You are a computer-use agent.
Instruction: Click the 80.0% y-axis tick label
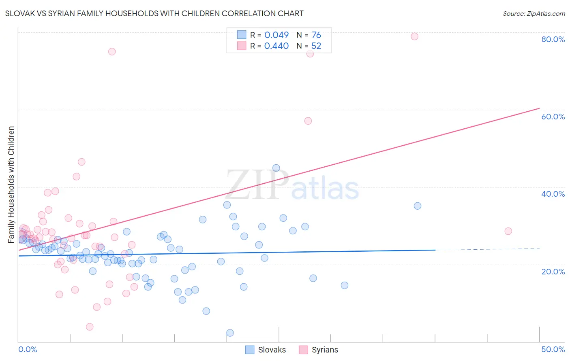pos(553,39)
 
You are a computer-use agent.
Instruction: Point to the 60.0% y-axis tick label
pos(553,117)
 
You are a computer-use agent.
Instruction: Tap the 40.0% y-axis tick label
pos(553,194)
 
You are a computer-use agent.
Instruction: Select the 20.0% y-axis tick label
pos(553,272)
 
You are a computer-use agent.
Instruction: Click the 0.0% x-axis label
pos(28,349)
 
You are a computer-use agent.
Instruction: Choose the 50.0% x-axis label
pos(553,349)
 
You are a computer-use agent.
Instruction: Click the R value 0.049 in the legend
pos(276,35)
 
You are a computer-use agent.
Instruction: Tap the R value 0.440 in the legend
pos(276,46)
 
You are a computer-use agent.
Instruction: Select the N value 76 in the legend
pos(316,35)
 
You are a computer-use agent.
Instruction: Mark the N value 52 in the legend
pos(316,46)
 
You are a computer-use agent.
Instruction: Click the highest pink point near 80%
pos(414,36)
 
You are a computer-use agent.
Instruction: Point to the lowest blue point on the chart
pos(230,333)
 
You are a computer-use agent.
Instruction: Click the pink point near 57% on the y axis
pos(308,121)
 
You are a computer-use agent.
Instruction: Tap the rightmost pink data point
pos(508,231)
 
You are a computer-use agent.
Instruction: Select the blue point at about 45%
pos(276,168)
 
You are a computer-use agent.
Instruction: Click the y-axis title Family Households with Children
pos(11,185)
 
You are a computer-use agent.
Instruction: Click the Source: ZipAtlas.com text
pos(534,14)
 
